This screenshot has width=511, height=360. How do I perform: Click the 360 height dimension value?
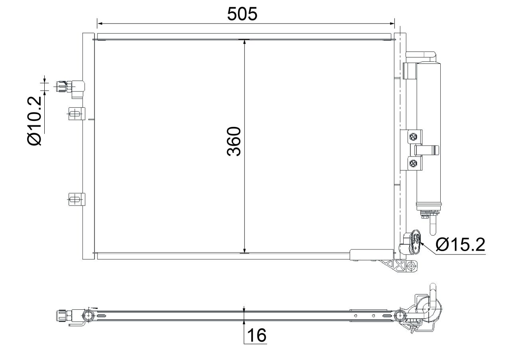click(234, 141)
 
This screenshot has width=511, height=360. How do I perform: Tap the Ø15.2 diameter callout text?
click(460, 244)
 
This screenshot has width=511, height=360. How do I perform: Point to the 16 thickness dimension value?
click(255, 336)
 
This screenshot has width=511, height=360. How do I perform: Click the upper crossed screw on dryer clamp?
click(413, 137)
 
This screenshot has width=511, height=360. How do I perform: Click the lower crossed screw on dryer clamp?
click(413, 162)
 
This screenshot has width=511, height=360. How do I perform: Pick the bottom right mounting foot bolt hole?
click(411, 265)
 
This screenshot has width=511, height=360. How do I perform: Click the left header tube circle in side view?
click(88, 316)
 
